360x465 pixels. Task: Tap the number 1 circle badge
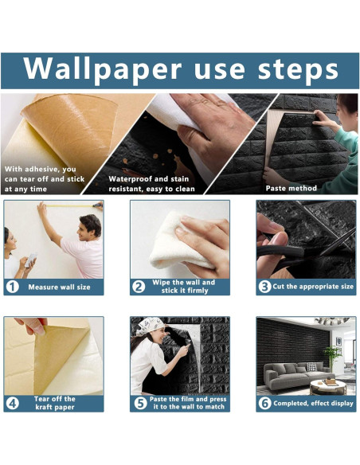coord(14,287)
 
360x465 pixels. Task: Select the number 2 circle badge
coord(139,287)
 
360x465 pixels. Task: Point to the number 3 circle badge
coord(264,287)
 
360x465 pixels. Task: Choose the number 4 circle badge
coord(14,403)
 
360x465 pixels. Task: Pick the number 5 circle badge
coord(139,403)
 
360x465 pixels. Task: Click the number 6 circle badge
coord(264,403)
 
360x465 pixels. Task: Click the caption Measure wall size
coord(61,287)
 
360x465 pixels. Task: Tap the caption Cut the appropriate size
coord(312,287)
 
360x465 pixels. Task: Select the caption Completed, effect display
coord(312,403)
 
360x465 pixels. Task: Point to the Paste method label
coord(291,189)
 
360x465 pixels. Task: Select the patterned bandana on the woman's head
coord(151,326)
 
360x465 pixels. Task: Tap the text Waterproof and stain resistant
coord(151,185)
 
